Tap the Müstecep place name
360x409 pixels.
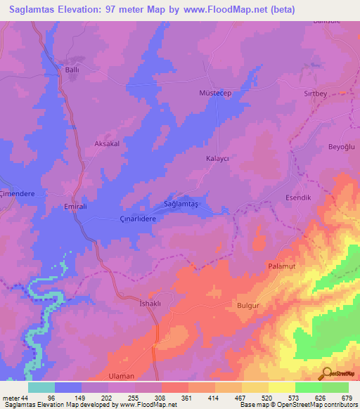[216, 92]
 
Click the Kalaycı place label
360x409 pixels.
[217, 159]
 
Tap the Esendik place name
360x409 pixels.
[297, 197]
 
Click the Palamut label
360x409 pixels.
[283, 266]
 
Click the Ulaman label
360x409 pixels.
[122, 376]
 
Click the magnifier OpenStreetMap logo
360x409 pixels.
[328, 374]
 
